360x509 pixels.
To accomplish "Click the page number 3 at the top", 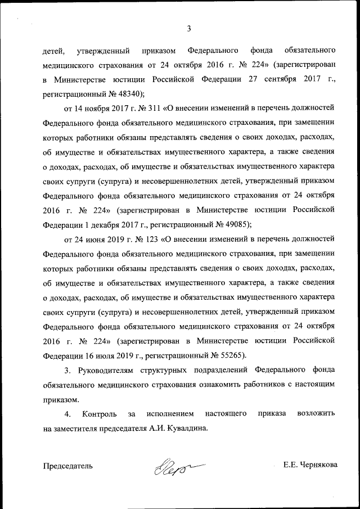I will coord(189,29).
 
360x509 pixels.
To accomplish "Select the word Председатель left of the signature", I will coord(68,466).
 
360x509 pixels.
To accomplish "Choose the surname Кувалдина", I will coord(187,429).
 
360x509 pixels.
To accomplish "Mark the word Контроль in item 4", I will coord(99,414).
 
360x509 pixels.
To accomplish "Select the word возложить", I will coord(316,414).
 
